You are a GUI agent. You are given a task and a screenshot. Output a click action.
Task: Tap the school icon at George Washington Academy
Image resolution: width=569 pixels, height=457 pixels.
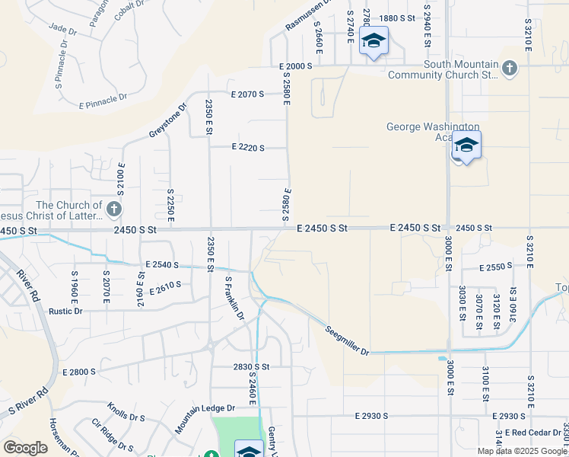pos(466,145)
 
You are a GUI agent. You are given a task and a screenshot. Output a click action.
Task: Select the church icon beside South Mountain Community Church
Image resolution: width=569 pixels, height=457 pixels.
pos(509,69)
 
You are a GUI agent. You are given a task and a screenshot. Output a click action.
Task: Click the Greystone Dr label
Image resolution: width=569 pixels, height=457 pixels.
pos(167,121)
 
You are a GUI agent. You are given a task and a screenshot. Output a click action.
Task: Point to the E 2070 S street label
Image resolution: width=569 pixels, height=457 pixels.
pos(247,94)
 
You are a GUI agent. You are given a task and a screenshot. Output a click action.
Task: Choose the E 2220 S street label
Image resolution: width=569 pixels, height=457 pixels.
pos(247,148)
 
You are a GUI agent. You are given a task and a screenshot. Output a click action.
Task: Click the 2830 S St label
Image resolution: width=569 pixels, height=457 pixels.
pos(252,366)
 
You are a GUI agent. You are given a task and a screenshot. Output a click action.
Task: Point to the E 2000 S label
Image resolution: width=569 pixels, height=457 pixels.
pos(295,67)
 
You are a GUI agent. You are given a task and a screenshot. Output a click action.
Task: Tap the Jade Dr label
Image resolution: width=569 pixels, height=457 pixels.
pos(59,27)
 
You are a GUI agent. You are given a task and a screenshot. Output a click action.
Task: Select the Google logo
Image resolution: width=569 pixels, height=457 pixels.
pos(25,448)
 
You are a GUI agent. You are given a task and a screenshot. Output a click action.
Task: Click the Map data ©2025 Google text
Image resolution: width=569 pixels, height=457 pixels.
pos(521,451)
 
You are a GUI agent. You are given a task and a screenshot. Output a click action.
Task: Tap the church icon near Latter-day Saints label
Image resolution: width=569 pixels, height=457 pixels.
pos(113,209)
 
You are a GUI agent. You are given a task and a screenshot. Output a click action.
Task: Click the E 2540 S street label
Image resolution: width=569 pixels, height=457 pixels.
pos(159,265)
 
